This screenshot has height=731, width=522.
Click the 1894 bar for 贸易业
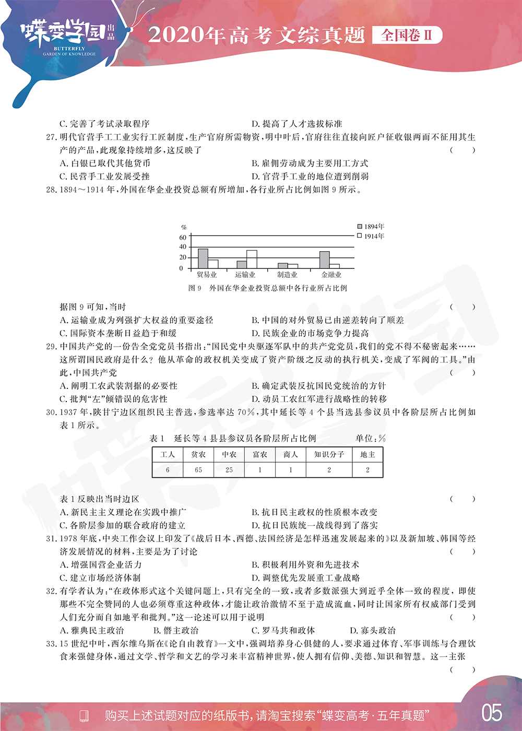pyautogui.click(x=203, y=258)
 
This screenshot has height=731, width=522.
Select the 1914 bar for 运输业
pyautogui.click(x=252, y=259)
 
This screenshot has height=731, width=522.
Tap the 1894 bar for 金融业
pyautogui.click(x=324, y=260)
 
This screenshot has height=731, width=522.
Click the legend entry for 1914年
pyautogui.click(x=371, y=236)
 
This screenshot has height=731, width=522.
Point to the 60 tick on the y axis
pyautogui.click(x=183, y=237)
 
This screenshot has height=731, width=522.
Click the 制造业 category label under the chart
pyautogui.click(x=287, y=275)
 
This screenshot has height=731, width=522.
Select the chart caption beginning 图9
pyautogui.click(x=268, y=288)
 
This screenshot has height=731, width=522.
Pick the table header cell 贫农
pyautogui.click(x=198, y=455)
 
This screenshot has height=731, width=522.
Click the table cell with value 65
pyautogui.click(x=198, y=470)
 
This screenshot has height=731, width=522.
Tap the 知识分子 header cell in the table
pyautogui.click(x=329, y=455)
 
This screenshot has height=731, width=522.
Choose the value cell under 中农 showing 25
pyautogui.click(x=229, y=470)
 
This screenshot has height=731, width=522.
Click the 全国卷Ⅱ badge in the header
pyautogui.click(x=407, y=35)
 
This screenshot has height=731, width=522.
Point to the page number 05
pyautogui.click(x=492, y=713)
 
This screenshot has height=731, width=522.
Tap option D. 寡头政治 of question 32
pyautogui.click(x=373, y=630)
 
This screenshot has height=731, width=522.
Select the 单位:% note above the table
pyautogui.click(x=371, y=439)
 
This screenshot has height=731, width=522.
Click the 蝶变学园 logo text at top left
pyautogui.click(x=63, y=32)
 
